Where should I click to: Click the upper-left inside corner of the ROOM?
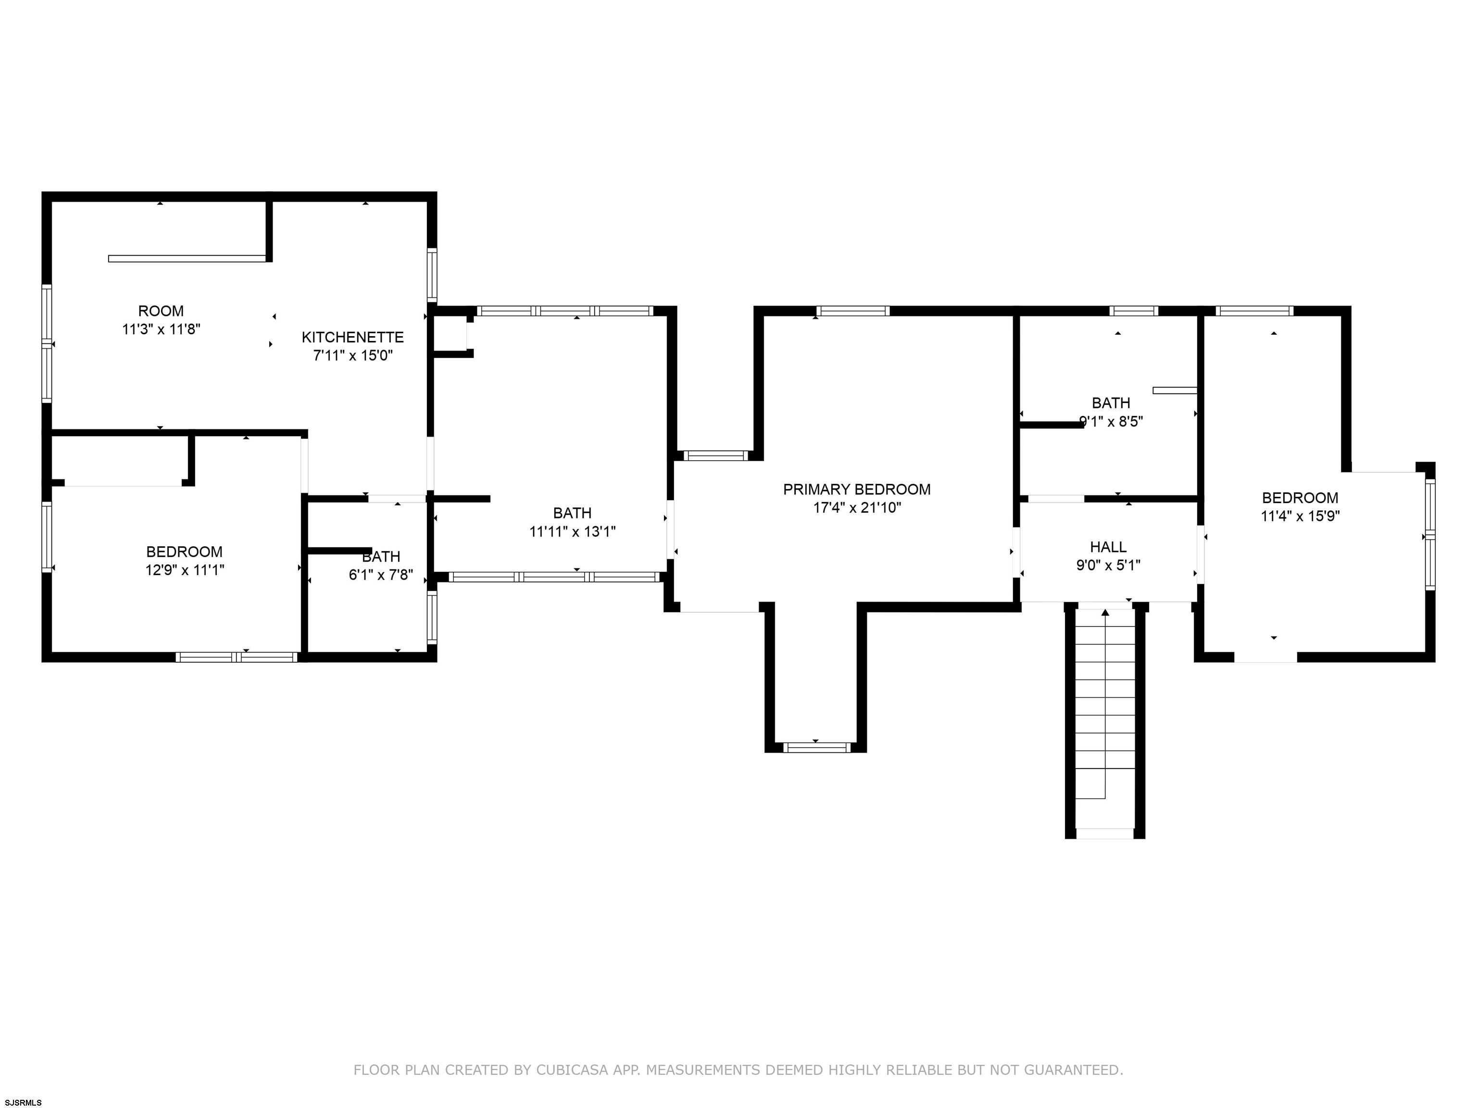pos(52,201)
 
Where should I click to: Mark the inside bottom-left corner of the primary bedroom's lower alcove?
pos(775,742)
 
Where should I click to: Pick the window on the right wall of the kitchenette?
pos(432,275)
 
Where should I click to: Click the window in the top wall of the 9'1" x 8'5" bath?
pos(1134,311)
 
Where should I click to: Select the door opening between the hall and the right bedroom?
pos(1201,554)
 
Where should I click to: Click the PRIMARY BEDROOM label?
pos(857,490)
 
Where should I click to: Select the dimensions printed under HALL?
pos(1108,565)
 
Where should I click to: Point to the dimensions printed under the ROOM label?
pos(161,328)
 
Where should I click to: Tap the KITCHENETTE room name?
pos(352,337)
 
